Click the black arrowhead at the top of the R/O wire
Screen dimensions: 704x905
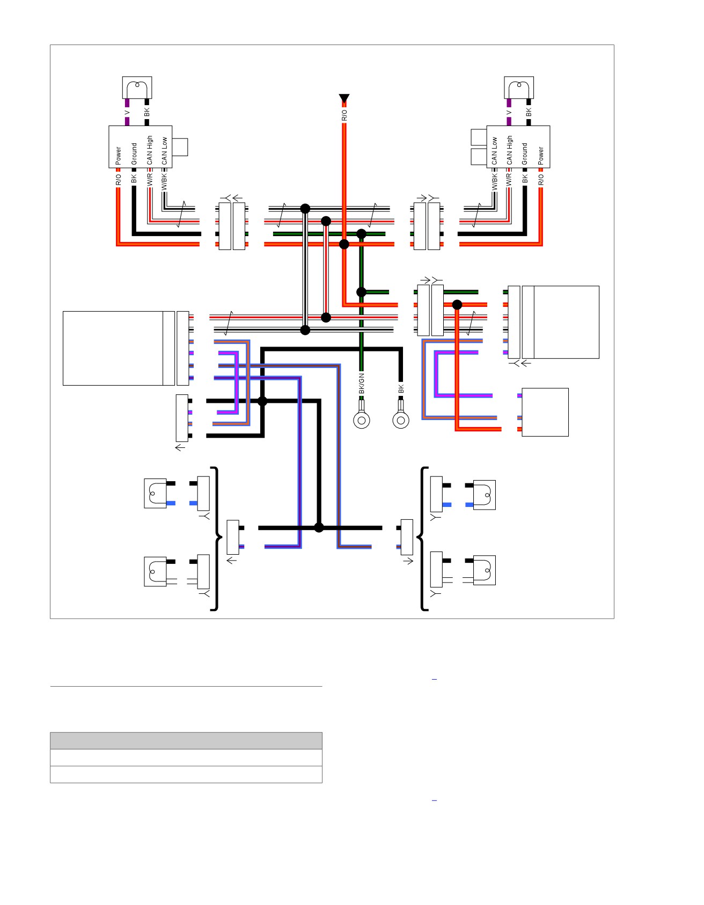point(344,98)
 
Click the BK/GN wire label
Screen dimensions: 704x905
point(362,384)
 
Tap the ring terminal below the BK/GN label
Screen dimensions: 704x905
point(362,420)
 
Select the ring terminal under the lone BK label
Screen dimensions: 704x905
point(401,420)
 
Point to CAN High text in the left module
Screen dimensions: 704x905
point(150,150)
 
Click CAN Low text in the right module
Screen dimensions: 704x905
point(495,151)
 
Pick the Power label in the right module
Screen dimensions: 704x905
point(541,156)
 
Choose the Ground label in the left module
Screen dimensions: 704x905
point(134,154)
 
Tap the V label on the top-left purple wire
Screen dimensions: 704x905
point(127,113)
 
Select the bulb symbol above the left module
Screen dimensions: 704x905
point(137,87)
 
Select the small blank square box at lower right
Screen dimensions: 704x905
point(545,412)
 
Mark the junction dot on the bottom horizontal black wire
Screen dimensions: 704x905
point(319,527)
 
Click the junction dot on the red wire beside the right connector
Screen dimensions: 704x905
point(457,305)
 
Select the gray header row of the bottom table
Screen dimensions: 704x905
point(186,740)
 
